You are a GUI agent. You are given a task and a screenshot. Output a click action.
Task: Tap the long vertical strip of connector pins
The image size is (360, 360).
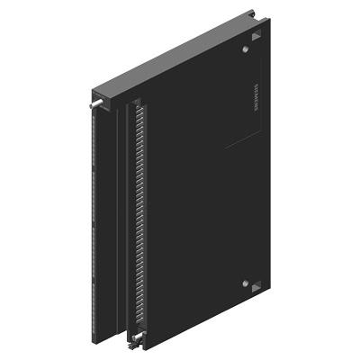(x=134, y=216)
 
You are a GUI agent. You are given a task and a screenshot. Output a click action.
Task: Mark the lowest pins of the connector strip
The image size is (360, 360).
(x=135, y=324)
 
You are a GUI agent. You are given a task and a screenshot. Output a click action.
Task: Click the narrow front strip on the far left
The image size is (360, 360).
(x=94, y=225)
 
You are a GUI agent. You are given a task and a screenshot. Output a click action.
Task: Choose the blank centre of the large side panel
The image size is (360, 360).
(x=193, y=207)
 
